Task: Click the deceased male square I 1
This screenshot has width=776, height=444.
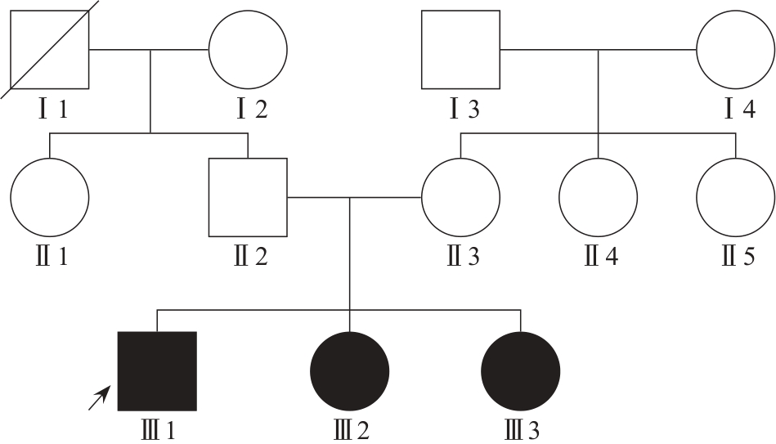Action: (50, 50)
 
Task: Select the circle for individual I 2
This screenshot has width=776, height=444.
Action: (248, 50)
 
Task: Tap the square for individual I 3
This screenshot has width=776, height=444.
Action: (460, 50)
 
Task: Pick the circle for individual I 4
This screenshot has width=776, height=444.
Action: (735, 50)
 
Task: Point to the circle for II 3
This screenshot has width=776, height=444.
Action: (460, 197)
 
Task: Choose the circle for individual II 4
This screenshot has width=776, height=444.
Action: (598, 197)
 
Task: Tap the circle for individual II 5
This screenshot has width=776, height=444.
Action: (735, 197)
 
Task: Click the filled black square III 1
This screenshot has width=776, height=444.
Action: (157, 370)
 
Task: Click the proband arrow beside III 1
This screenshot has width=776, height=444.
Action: (99, 398)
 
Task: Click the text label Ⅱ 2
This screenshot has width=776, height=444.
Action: (249, 256)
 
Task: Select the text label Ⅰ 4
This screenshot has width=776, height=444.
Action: (738, 109)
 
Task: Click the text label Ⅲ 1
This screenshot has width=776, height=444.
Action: (158, 429)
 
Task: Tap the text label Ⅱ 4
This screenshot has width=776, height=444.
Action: (600, 256)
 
